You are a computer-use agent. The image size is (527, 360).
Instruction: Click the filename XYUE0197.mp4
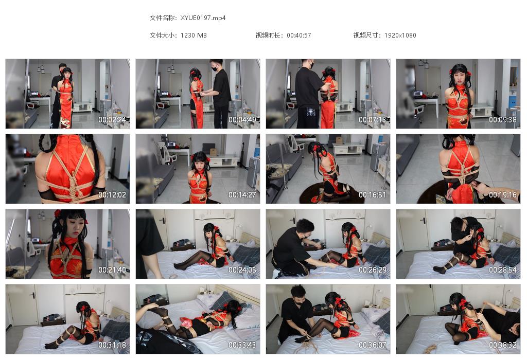(x=203, y=18)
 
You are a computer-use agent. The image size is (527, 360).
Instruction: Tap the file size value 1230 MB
(x=194, y=35)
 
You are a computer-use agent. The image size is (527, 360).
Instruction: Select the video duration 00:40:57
(x=299, y=35)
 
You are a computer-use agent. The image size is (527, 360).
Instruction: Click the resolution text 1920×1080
(x=400, y=35)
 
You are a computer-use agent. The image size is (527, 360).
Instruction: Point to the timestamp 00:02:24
(x=112, y=120)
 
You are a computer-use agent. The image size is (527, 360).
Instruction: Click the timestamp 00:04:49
(x=242, y=120)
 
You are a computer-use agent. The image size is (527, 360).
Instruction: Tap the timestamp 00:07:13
(x=373, y=120)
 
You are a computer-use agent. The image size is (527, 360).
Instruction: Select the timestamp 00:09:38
(x=503, y=120)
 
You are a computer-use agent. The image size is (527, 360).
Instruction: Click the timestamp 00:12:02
(x=112, y=195)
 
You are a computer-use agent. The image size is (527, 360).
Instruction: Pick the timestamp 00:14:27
(x=242, y=195)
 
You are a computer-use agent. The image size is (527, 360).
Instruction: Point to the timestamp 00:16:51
(x=373, y=195)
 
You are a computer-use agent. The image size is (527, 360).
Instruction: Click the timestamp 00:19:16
(x=503, y=195)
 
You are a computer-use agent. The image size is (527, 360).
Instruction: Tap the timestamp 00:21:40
(x=112, y=270)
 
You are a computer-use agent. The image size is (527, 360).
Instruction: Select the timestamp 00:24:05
(x=242, y=270)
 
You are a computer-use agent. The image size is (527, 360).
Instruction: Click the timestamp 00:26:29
(x=373, y=270)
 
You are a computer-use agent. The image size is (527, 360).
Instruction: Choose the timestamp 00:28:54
(x=503, y=270)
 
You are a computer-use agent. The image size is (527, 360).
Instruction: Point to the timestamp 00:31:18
(x=112, y=345)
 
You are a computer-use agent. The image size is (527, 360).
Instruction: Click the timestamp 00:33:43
(x=242, y=345)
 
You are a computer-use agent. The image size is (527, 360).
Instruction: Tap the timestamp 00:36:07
(x=373, y=345)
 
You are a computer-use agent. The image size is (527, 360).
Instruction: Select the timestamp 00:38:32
(x=503, y=345)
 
